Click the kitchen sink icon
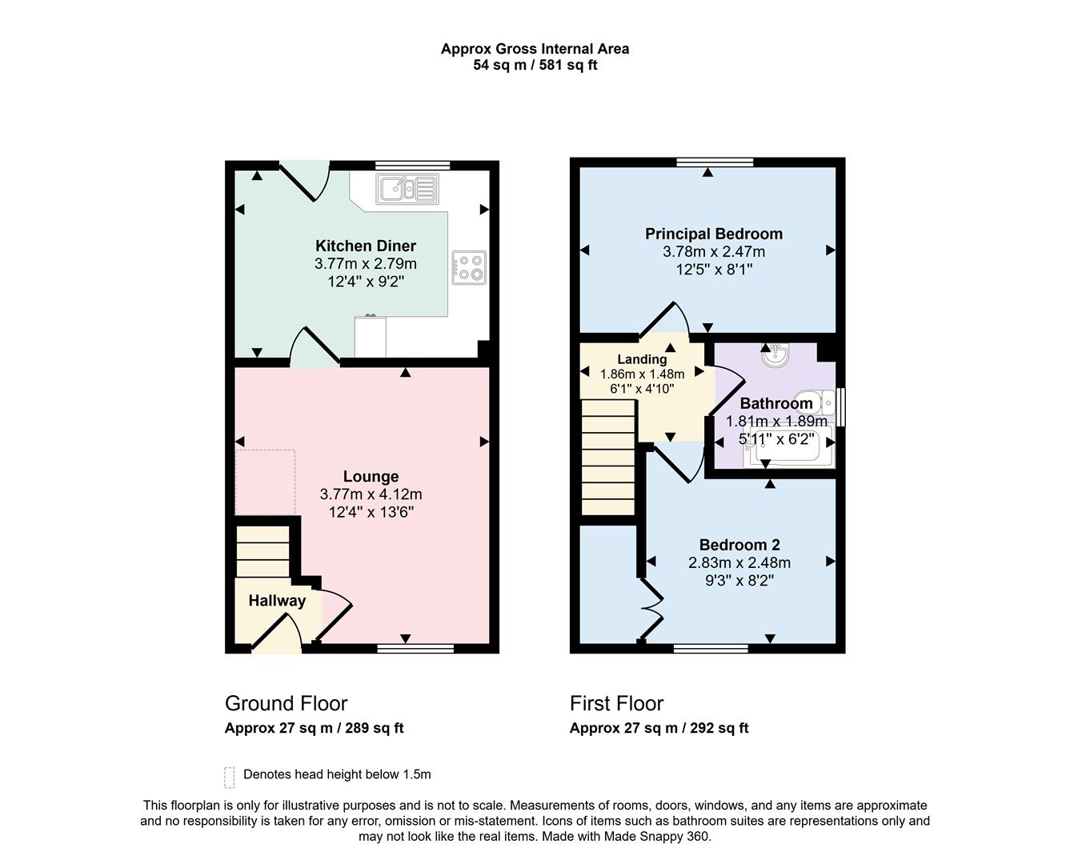[x=407, y=190]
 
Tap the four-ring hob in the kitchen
[x=469, y=267]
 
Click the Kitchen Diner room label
[x=366, y=246]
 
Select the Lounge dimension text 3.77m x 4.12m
[x=371, y=494]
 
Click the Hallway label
[x=277, y=601]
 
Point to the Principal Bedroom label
[x=714, y=234]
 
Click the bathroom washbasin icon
[x=775, y=355]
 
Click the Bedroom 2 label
[x=739, y=545]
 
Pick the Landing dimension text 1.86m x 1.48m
[x=642, y=374]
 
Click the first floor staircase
[x=607, y=457]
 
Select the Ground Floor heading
[x=286, y=703]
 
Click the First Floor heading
[x=616, y=703]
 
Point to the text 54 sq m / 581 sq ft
[x=535, y=66]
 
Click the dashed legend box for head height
[x=230, y=777]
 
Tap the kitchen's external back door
[x=304, y=181]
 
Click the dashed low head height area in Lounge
[x=266, y=482]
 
